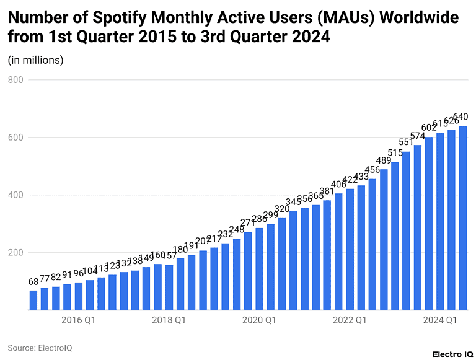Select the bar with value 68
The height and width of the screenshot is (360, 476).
click(x=33, y=301)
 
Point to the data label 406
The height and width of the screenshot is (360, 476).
click(x=338, y=185)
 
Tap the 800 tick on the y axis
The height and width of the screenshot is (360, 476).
click(x=16, y=80)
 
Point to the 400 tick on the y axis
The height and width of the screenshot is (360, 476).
click(x=16, y=195)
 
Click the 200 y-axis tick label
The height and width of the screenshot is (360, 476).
click(x=16, y=253)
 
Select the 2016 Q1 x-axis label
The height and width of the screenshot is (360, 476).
click(x=79, y=320)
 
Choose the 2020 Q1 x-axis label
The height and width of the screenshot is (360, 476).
click(x=259, y=320)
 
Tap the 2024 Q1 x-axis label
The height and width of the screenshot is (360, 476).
click(x=440, y=320)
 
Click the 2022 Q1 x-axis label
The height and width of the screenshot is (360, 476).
click(x=350, y=320)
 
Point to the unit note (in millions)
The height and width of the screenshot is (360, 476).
click(x=35, y=60)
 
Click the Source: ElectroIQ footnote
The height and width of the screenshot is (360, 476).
click(x=40, y=348)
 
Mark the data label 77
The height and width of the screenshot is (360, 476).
click(x=45, y=279)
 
